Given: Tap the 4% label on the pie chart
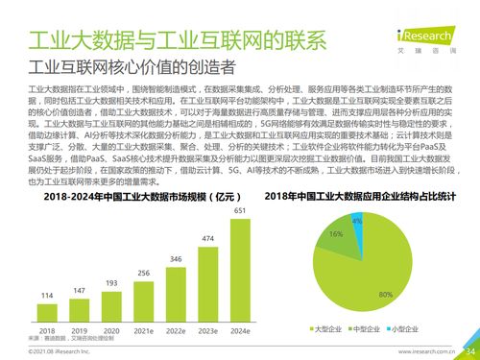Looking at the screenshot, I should click(357, 221).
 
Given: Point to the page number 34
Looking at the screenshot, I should click(469, 351).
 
